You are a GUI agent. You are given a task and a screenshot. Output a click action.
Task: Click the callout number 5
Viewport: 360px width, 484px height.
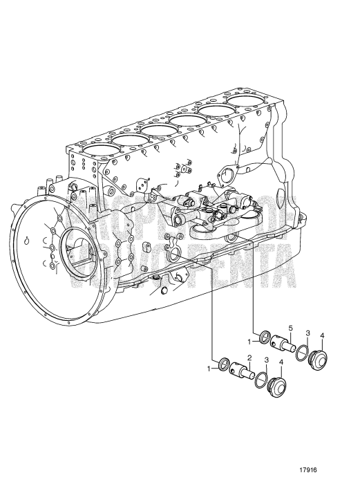pyautogui.click(x=290, y=327)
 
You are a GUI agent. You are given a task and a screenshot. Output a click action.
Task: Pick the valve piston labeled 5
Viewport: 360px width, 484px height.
pyautogui.click(x=283, y=342)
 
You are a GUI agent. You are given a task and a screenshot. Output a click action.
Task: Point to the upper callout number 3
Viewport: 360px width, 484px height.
pyautogui.click(x=307, y=333)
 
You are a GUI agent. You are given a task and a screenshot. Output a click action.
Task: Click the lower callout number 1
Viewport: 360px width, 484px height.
pyautogui.click(x=209, y=369)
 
